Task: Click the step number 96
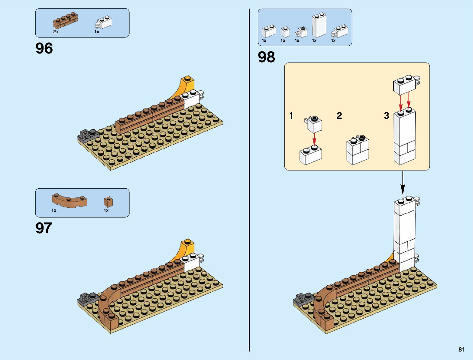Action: click(x=44, y=48)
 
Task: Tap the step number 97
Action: click(x=44, y=228)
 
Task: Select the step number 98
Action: click(x=266, y=57)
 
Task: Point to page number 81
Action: click(x=461, y=349)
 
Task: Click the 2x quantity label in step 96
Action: click(x=56, y=32)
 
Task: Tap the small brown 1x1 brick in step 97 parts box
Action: click(x=109, y=202)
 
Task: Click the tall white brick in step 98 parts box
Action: click(x=319, y=25)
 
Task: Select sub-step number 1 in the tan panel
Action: click(x=291, y=116)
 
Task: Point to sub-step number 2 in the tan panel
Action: click(x=339, y=116)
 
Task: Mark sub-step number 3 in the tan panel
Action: click(x=387, y=116)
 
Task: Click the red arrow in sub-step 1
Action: click(x=314, y=140)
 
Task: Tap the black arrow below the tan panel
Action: click(x=403, y=183)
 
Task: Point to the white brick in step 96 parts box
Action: click(x=104, y=22)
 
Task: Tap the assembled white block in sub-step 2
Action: click(x=358, y=150)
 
